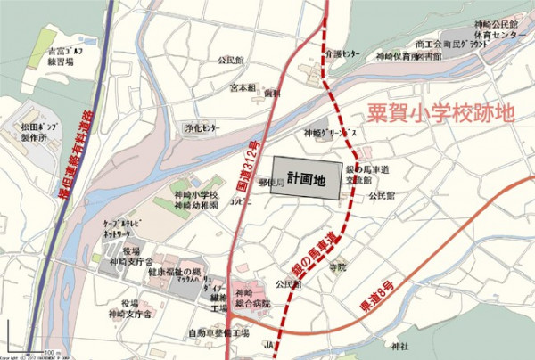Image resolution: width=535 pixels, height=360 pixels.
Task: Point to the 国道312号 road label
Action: (x=250, y=174)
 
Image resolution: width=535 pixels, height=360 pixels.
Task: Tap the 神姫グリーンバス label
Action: (x=330, y=134)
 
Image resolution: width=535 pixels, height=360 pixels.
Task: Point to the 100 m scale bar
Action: (x=46, y=351)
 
